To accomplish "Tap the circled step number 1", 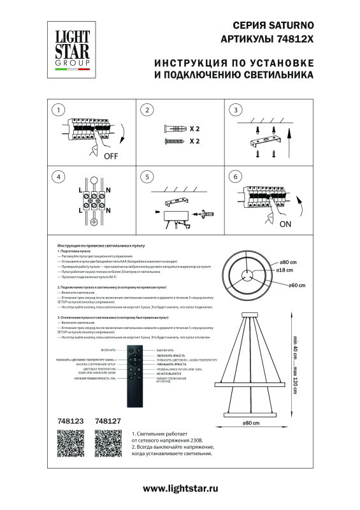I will pos(58,110).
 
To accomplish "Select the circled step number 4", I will pos(58,177).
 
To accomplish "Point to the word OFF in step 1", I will pos(111,155).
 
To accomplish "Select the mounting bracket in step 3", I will pos(263,140).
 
